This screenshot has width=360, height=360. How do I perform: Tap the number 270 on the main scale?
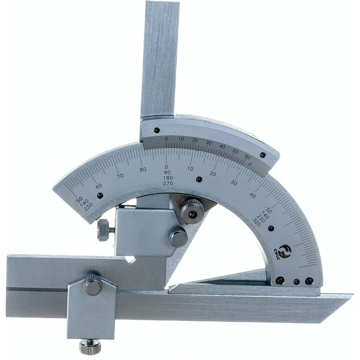168,183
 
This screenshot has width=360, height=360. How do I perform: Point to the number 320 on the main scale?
257,223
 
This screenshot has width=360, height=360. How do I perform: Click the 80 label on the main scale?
143,170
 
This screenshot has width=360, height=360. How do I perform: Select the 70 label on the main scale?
120,176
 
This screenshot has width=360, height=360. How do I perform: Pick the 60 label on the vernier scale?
247,157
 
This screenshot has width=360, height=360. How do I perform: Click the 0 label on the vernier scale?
166,139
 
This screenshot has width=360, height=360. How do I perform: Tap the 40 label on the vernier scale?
222,147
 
